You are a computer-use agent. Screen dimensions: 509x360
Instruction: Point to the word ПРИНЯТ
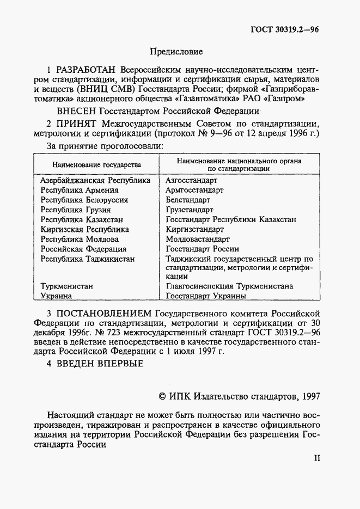point(78,124)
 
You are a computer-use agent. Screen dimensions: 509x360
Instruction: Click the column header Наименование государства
point(96,164)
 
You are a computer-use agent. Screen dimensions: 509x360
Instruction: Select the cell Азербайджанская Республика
point(95,180)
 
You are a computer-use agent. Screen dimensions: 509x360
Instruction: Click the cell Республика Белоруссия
point(84,200)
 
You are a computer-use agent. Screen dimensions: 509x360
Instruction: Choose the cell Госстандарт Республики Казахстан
point(231,219)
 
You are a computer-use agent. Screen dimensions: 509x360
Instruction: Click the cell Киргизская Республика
point(85,229)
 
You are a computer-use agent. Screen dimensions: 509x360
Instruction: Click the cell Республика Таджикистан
point(87,259)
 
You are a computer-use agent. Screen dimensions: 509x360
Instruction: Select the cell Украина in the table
point(57,296)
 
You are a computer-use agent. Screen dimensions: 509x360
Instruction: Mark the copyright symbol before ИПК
point(161,396)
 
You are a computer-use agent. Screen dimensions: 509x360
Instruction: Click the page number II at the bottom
point(316,458)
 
